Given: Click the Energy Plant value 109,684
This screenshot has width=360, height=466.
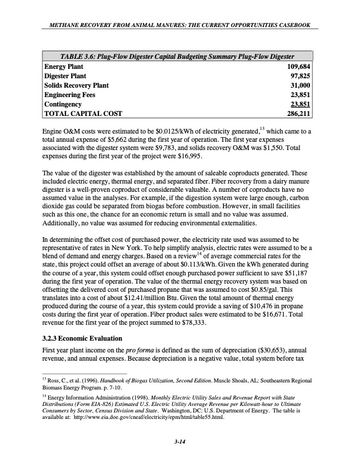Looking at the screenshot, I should pos(299,67).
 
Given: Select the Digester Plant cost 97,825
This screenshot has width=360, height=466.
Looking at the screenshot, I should pos(301,76).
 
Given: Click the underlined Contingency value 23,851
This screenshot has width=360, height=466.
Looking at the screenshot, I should pos(301,104).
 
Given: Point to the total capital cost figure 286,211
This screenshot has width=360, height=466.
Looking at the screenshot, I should pos(299,113).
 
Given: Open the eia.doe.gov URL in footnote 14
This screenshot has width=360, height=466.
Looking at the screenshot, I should pos(156,428).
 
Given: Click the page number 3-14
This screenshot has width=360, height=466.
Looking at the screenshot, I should pos(180,450).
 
